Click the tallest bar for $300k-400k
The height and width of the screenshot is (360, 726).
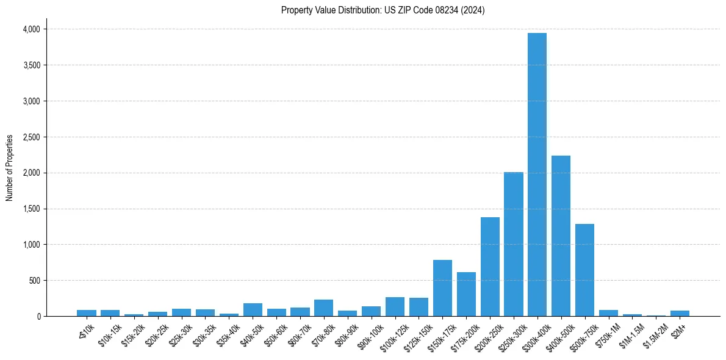537,175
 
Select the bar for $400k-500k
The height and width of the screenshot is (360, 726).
561,236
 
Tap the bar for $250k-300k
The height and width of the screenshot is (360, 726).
513,244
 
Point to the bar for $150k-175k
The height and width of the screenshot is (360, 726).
442,288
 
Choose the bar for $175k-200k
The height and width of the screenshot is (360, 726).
466,294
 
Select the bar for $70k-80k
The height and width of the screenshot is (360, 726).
323,308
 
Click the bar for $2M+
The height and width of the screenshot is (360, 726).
680,313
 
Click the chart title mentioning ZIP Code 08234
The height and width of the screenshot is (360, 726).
383,10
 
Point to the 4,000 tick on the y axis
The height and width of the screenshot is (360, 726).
31,29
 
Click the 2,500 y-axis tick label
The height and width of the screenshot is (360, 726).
31,137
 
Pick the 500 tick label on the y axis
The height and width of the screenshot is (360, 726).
34,281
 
